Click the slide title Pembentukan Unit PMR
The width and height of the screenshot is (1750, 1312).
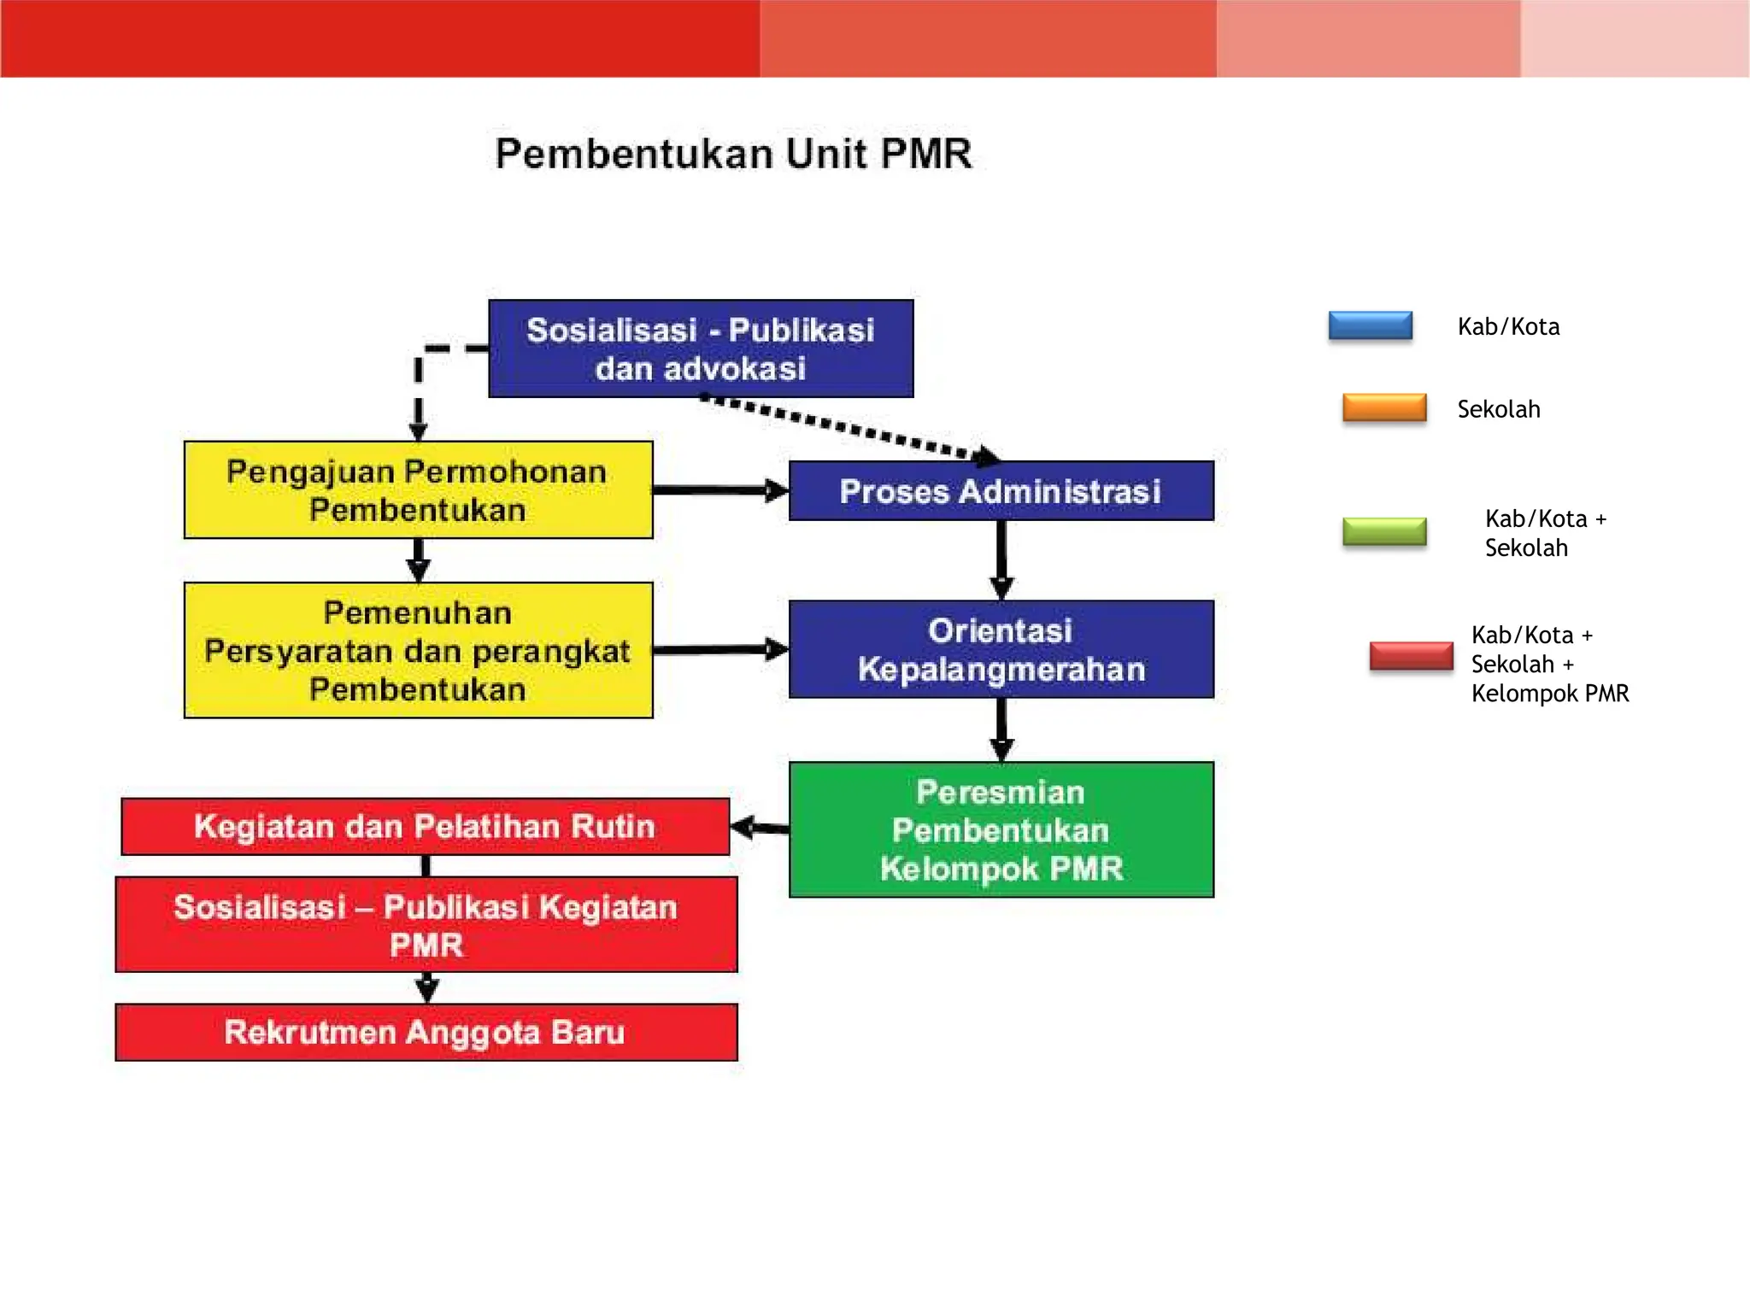733,155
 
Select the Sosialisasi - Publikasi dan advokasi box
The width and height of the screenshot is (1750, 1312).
701,348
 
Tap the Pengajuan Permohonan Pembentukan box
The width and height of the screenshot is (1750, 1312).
418,490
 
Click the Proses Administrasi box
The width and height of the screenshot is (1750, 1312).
1001,491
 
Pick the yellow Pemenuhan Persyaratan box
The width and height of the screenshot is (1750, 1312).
418,650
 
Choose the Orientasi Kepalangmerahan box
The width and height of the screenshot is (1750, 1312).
1001,649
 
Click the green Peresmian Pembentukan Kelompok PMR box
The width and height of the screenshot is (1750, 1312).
1001,829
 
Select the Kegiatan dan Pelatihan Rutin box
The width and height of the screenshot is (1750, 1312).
425,826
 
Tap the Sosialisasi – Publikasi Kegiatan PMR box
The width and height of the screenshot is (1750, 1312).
426,924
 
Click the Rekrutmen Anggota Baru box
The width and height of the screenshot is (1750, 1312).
426,1032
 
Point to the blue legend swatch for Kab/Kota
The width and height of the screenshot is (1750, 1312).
1370,325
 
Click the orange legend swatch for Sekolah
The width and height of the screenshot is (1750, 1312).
1384,408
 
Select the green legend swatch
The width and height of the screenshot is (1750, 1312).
1384,531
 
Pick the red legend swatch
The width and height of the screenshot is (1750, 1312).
1411,656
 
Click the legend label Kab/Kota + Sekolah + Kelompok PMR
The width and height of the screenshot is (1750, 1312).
1549,664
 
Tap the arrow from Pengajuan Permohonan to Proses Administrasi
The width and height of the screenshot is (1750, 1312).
719,490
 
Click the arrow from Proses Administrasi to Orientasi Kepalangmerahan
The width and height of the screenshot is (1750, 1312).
1001,559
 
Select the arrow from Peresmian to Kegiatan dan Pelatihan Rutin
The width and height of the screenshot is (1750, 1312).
760,828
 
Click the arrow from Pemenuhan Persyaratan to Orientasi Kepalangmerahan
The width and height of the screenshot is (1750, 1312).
719,650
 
